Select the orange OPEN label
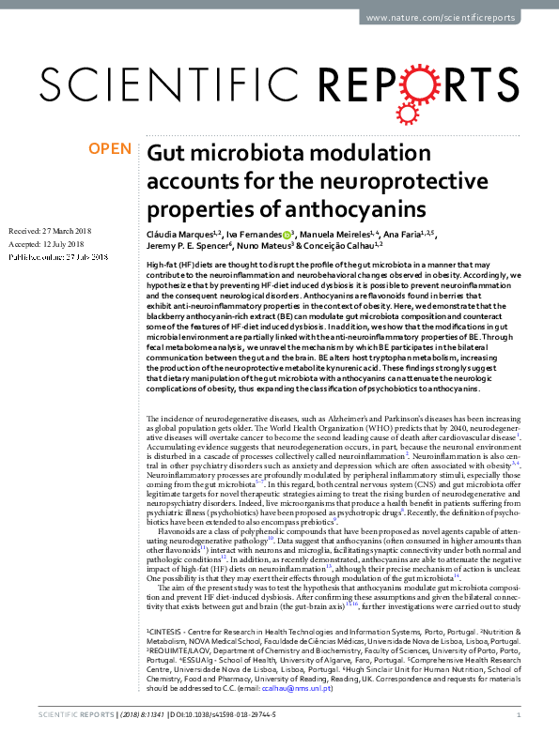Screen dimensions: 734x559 [109, 149]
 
